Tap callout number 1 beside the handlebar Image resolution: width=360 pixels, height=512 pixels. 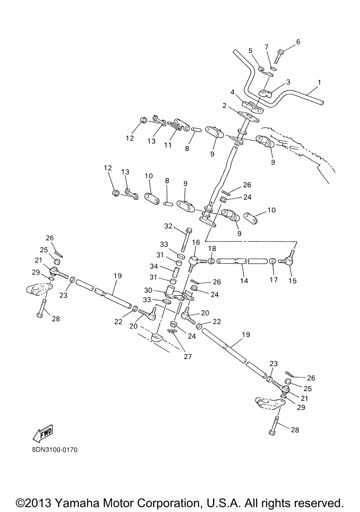[x=319, y=82]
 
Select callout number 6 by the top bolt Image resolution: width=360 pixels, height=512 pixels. [x=298, y=42]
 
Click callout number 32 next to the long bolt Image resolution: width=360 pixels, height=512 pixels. [x=168, y=226]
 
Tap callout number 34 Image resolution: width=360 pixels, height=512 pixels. [x=154, y=266]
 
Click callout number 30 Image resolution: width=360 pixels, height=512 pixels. [x=148, y=290]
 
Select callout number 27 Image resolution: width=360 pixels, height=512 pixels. [x=188, y=356]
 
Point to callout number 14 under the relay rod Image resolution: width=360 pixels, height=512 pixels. [x=244, y=280]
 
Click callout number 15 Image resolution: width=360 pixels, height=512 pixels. [x=293, y=280]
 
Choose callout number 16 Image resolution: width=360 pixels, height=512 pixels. [x=196, y=242]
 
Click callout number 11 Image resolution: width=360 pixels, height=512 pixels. [x=168, y=145]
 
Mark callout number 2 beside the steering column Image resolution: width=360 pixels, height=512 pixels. [x=224, y=105]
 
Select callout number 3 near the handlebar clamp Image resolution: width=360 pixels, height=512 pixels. [x=288, y=82]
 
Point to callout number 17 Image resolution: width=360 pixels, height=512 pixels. [x=274, y=280]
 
